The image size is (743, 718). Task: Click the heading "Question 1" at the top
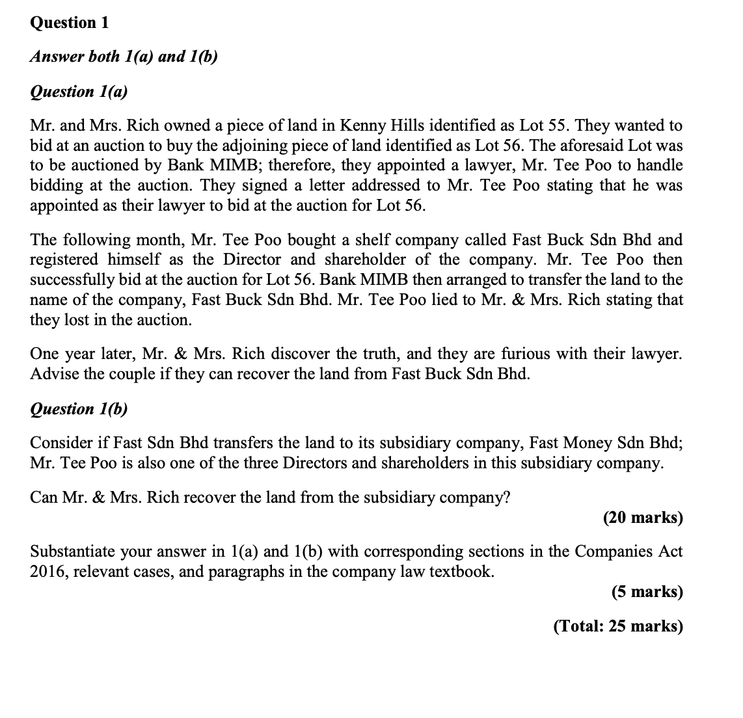point(70,23)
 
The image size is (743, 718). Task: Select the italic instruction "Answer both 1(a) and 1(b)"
point(124,57)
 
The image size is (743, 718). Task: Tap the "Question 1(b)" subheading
point(79,409)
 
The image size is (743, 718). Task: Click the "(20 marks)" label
point(642,518)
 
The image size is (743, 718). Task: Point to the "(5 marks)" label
point(647,592)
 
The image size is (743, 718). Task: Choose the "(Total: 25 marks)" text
point(617,626)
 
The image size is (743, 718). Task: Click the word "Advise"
point(52,374)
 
